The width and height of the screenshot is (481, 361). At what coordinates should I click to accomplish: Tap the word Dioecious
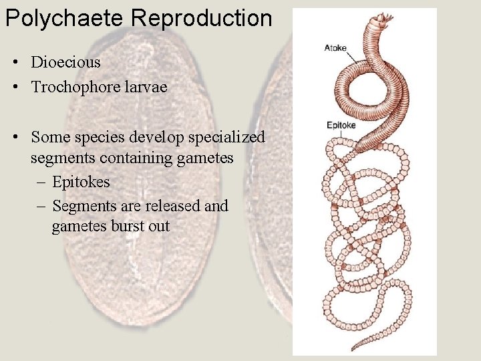coord(65,63)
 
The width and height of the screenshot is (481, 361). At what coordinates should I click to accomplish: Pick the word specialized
coord(228,138)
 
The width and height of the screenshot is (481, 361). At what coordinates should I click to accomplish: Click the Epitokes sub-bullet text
coord(81,182)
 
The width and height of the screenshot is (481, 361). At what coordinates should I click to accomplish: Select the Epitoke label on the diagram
coord(341,125)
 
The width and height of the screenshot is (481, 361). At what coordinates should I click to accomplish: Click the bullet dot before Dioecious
coord(15,64)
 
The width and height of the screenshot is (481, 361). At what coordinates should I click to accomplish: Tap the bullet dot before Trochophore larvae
coord(15,88)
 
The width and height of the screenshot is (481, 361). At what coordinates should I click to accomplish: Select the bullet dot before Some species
coord(15,138)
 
